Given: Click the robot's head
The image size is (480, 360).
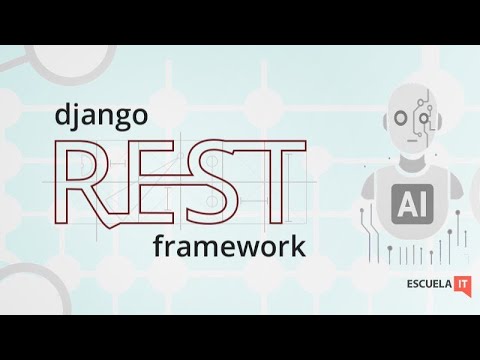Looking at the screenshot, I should coord(412,115).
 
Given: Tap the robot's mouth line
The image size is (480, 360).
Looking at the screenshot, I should coord(413,141).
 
